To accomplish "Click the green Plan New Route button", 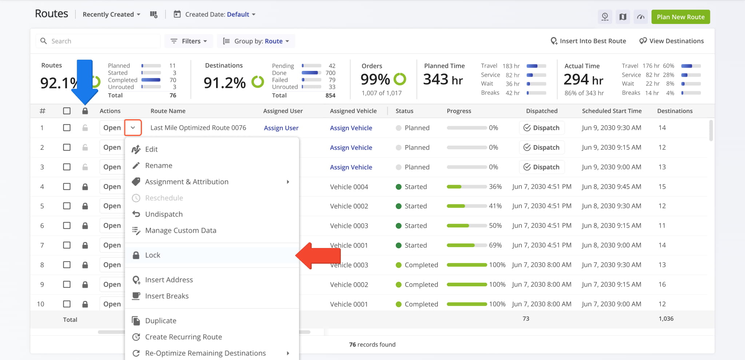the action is click(681, 17).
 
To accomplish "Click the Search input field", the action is click(98, 41).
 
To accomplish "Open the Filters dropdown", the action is click(189, 41).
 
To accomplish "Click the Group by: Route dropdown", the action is click(256, 41).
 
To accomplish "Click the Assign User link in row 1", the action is click(281, 128).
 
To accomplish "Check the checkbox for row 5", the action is click(67, 206).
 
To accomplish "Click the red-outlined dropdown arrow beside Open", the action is click(133, 128).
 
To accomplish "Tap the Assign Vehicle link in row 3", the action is click(351, 167).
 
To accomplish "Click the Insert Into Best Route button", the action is click(588, 41).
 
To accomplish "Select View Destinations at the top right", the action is click(672, 41).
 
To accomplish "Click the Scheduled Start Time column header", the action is click(612, 111).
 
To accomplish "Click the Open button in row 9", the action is click(112, 284).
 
